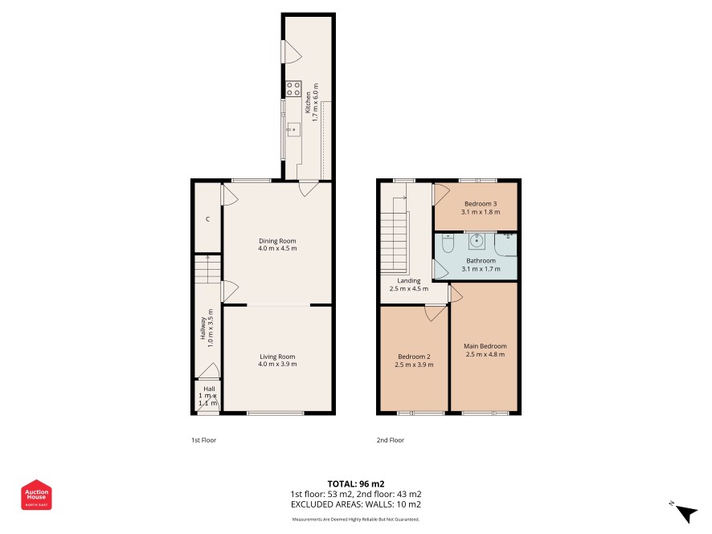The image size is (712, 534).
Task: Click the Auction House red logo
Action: coord(36,495)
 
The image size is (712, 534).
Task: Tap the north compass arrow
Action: coord(686,514)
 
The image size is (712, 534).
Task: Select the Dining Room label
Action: coord(277,241)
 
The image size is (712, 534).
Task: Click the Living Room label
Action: coord(277,357)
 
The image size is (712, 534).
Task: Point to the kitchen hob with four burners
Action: coord(293,89)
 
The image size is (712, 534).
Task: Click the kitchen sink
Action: coord(293,130)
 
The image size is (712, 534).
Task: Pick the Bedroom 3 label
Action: coord(481,204)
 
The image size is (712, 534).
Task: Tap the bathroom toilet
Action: coord(448,243)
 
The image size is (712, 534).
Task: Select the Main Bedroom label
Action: coord(485,346)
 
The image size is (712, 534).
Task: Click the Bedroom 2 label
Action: coord(414,357)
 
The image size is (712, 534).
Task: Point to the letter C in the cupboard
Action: coord(207,219)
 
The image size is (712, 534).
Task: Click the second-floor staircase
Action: coord(395,235)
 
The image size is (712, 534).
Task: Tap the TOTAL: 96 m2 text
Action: coord(356,483)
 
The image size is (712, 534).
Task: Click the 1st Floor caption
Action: coord(203,440)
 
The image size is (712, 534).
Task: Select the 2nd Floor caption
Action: coord(390,440)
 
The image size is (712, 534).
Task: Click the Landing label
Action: coord(409,281)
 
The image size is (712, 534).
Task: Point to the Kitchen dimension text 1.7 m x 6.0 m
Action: coord(316,102)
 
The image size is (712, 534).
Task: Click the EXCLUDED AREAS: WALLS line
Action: coord(356,504)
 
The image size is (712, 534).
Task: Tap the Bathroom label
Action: coord(481,261)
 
